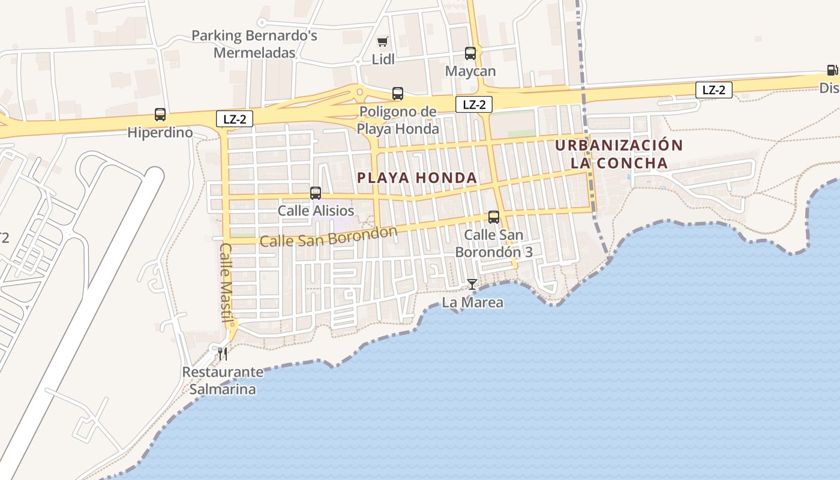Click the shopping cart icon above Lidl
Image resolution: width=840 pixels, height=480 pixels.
[x=382, y=41]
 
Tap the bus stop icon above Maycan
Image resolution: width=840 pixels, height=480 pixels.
[x=470, y=53]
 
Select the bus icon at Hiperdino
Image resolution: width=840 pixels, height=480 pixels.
[x=160, y=115]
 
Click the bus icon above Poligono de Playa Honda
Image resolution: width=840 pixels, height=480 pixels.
[x=398, y=94]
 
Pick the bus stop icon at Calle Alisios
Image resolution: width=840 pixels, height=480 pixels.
[x=316, y=193]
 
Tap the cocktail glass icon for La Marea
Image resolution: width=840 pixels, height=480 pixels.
[x=472, y=284]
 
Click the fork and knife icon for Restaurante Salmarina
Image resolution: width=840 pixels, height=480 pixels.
[x=223, y=354]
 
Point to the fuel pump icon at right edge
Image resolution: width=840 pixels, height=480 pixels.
[x=832, y=70]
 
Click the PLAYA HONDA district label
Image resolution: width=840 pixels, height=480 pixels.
[x=417, y=178]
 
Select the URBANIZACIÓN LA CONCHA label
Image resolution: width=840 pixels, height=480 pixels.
[x=619, y=154]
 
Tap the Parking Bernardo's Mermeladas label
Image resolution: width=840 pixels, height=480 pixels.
[x=254, y=44]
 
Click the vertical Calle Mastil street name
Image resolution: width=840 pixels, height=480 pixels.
[x=226, y=281]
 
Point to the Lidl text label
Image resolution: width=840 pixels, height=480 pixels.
[x=383, y=59]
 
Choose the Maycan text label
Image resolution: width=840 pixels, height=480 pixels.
[x=470, y=71]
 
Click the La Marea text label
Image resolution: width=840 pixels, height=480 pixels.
[x=472, y=302]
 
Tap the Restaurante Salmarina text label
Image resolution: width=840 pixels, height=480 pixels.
[x=223, y=380]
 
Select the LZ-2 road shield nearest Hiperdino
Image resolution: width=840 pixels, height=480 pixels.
[x=235, y=119]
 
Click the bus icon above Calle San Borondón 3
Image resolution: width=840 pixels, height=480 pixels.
[x=494, y=217]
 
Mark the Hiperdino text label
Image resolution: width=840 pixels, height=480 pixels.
[x=160, y=132]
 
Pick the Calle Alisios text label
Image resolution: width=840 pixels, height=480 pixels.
[x=316, y=211]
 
